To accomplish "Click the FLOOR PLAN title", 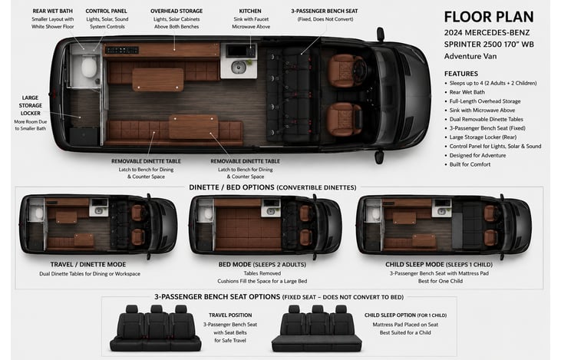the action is click(489, 17).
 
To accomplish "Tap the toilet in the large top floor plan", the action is click(89, 67).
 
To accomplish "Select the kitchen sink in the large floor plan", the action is click(238, 67).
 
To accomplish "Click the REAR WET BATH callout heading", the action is click(53, 11).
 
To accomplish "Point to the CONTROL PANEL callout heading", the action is click(106, 11).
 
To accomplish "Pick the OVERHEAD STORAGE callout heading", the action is click(177, 11).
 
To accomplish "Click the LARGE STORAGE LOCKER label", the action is click(31, 105).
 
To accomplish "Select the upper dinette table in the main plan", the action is click(158, 80).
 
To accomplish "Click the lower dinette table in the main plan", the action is click(193, 127).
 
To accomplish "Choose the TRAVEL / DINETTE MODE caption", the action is click(88, 265).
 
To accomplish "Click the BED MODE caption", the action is click(235, 265).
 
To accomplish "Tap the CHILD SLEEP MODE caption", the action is click(414, 265).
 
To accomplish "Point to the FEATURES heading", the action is click(461, 74).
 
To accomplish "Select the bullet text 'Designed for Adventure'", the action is click(477, 155).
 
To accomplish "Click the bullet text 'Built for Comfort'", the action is click(470, 164).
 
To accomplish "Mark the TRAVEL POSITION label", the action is click(230, 315).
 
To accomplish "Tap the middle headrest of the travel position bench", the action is click(157, 309).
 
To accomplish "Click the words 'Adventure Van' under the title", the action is click(470, 56).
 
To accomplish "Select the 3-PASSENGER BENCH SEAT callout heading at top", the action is click(325, 11).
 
